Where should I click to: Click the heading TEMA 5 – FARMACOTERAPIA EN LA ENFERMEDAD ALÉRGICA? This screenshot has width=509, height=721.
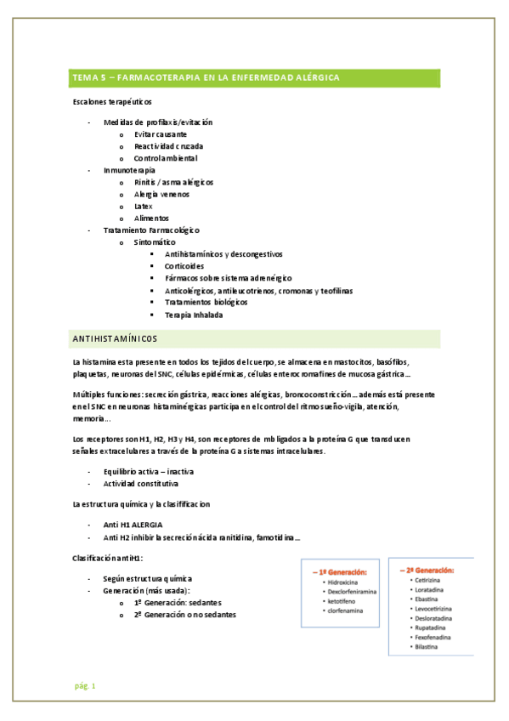[x=206, y=77]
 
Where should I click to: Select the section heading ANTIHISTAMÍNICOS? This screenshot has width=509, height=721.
[x=115, y=339]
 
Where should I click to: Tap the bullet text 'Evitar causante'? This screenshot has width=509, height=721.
[x=161, y=134]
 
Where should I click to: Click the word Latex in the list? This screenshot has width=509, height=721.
[x=144, y=206]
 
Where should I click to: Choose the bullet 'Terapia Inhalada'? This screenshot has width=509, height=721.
[x=195, y=315]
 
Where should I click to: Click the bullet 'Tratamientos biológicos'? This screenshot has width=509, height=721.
[x=206, y=302]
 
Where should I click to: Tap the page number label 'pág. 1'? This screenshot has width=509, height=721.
[x=85, y=685]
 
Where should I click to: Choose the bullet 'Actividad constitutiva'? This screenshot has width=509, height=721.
[x=141, y=483]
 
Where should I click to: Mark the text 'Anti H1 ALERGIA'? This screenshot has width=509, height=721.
[x=133, y=525]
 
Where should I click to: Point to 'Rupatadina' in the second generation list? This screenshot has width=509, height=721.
[x=431, y=625]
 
